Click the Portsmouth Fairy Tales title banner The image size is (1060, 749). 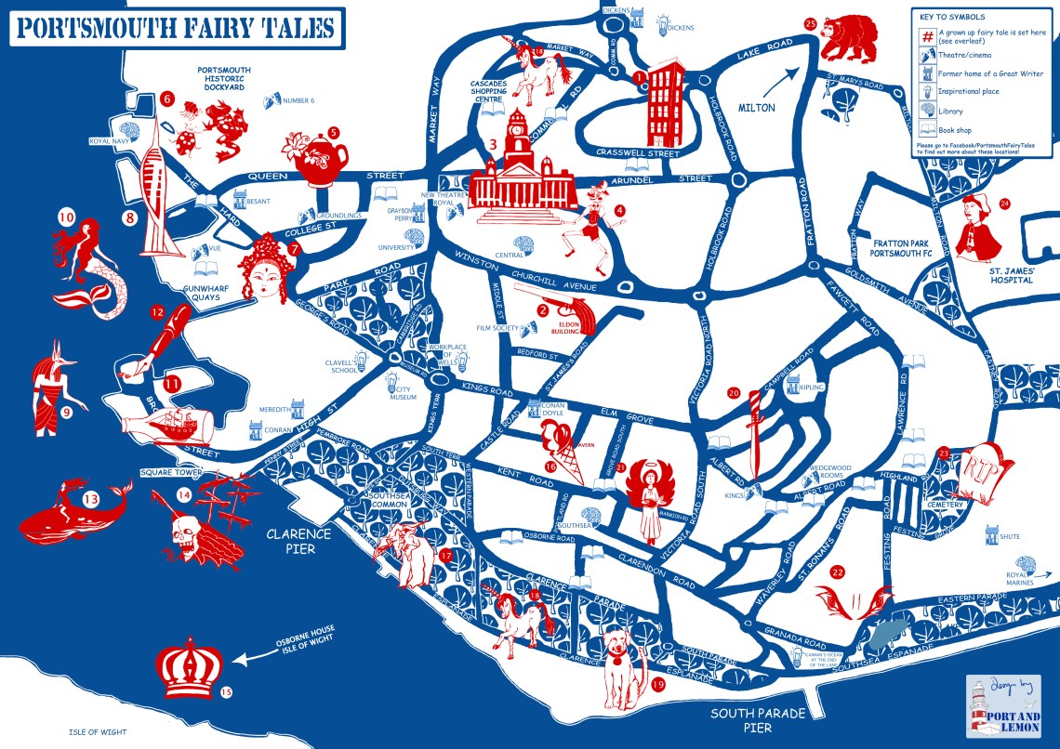[x=175, y=28]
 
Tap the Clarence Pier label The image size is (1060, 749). [x=298, y=541]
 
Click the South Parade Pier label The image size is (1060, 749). [x=755, y=720]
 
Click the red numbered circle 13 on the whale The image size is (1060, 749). [x=90, y=499]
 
